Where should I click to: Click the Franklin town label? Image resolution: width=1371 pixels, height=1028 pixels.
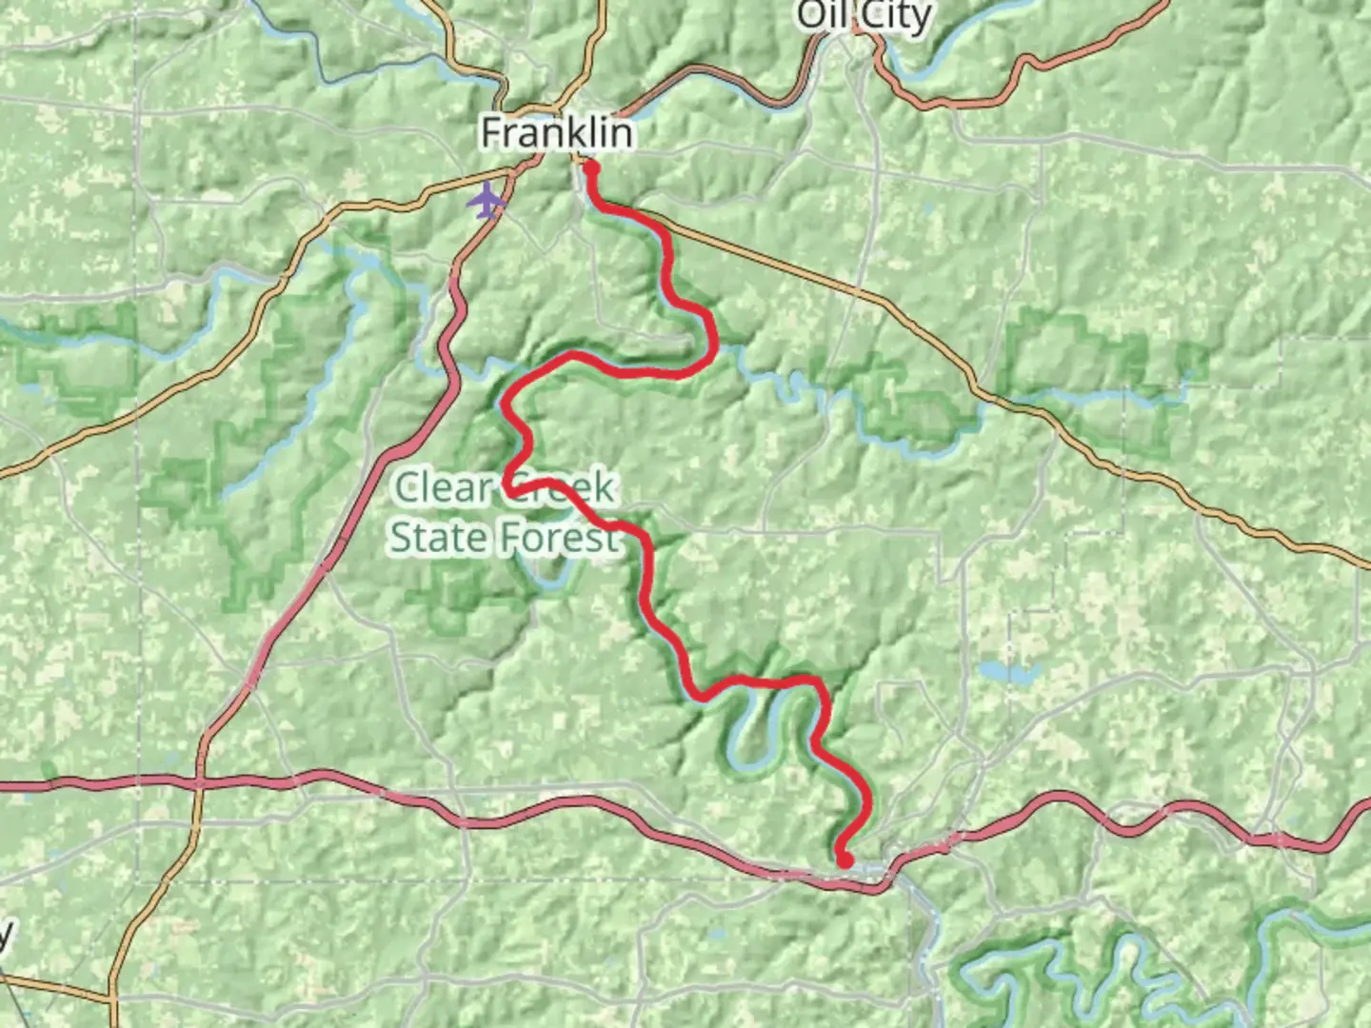(x=556, y=132)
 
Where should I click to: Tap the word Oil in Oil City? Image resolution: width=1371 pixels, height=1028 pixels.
(x=824, y=15)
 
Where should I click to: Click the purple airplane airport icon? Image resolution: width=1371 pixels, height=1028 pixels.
(x=487, y=201)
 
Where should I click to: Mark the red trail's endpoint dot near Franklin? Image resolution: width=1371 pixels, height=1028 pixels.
(x=590, y=168)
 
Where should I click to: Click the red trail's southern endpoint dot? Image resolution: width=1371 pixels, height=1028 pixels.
(x=844, y=860)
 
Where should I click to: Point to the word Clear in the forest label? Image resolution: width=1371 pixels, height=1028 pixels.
(x=443, y=488)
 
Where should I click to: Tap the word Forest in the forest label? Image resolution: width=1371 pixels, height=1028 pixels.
(x=561, y=539)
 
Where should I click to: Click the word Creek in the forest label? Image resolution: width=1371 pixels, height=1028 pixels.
(x=562, y=488)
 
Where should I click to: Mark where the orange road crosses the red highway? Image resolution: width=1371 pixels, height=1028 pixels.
(x=199, y=783)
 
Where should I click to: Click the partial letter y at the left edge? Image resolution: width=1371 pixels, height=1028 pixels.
(x=5, y=936)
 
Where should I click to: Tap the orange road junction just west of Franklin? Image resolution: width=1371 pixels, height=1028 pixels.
(x=514, y=171)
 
